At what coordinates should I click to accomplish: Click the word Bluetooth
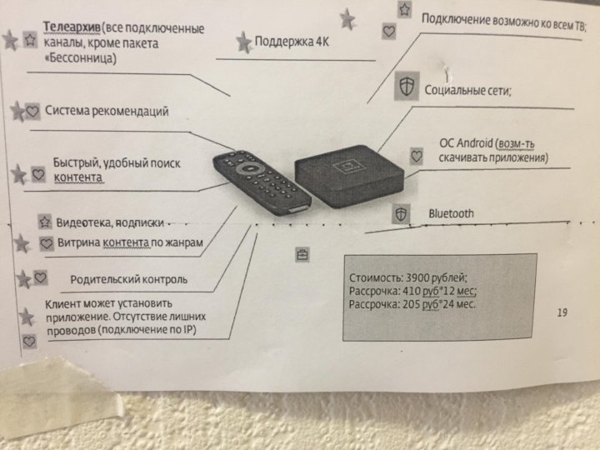[451, 213]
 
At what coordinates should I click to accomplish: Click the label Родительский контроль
[128, 279]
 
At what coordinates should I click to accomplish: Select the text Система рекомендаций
[107, 110]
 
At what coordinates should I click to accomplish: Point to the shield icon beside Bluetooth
[402, 215]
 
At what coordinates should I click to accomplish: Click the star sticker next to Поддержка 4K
[243, 42]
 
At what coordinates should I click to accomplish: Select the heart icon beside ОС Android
[417, 155]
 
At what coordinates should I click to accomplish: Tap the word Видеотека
[80, 222]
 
